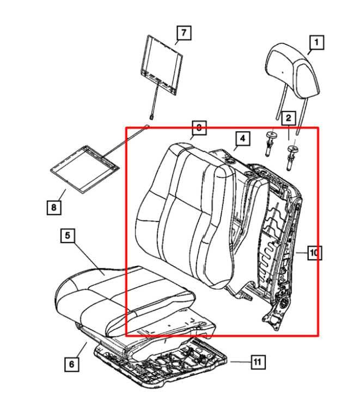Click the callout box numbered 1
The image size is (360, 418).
(316, 41)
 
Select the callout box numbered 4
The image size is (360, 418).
(242, 139)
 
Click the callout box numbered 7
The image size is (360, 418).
(184, 33)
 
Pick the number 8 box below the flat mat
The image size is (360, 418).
(53, 207)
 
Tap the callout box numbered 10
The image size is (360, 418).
(314, 253)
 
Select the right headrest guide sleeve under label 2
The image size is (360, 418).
(292, 153)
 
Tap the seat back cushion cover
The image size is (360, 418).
(185, 212)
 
